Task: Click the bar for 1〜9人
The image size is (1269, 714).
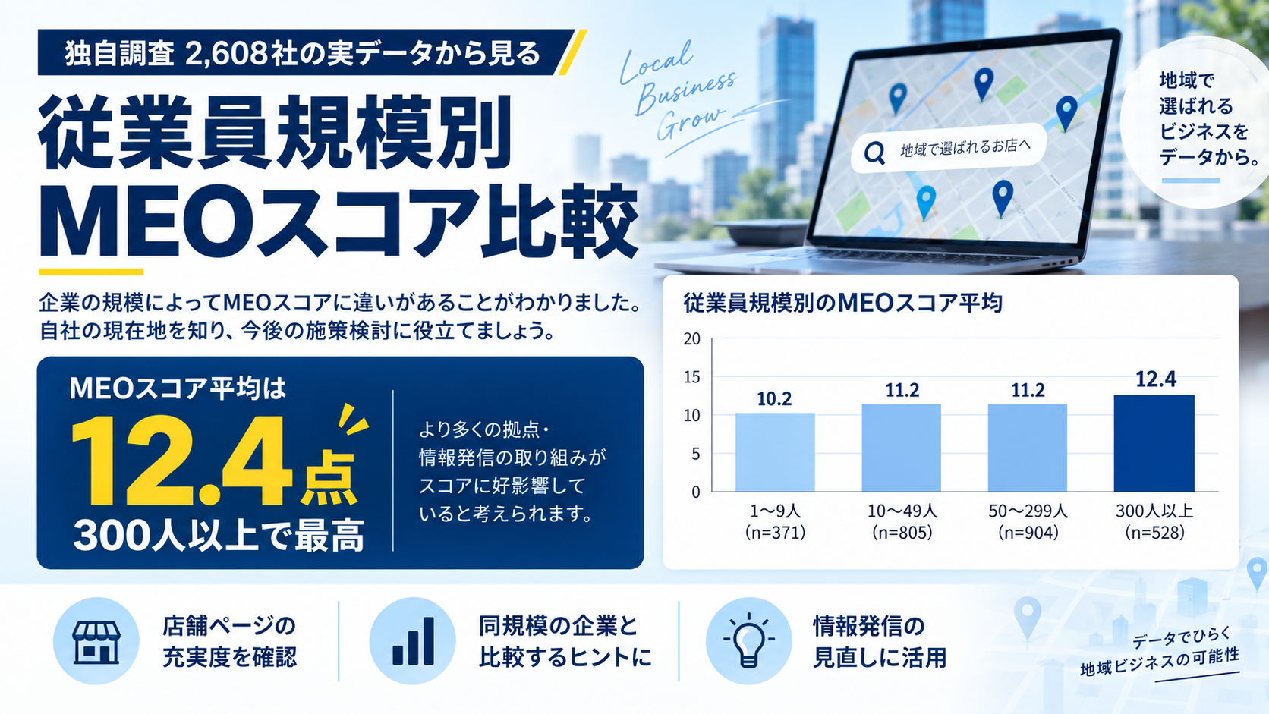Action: (775, 451)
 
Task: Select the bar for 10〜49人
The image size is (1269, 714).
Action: (902, 448)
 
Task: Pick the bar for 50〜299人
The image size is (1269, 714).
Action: (1028, 448)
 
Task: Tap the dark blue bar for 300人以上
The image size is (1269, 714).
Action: (1154, 443)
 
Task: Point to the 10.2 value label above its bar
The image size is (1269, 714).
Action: (774, 399)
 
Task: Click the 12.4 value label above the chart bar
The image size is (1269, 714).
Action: (1156, 379)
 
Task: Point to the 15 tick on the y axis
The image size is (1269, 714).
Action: (692, 377)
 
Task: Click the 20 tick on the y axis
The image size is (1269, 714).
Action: (692, 338)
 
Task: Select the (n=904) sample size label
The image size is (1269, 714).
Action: (1028, 533)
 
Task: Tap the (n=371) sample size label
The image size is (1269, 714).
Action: (775, 533)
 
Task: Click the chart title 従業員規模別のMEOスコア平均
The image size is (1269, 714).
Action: (843, 303)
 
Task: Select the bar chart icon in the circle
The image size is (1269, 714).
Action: (413, 641)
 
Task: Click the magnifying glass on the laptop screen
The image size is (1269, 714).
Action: (874, 153)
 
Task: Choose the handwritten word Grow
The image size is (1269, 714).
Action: (690, 122)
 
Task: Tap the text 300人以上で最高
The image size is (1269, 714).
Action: (219, 535)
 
